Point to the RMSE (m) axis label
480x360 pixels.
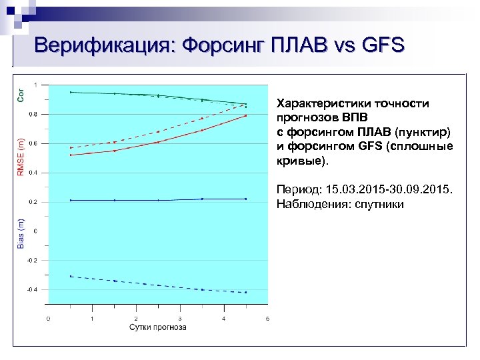tap(21, 157)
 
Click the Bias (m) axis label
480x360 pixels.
tap(21, 233)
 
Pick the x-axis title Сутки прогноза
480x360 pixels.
tap(157, 327)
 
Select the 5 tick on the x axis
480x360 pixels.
tap(267, 319)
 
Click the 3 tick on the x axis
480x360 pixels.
tap(179, 319)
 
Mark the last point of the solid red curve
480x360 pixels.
tap(245, 115)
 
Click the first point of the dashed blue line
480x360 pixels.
tap(71, 276)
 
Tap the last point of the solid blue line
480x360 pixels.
tap(245, 199)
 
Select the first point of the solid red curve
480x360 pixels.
tap(71, 155)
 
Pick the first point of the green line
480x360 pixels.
tap(71, 92)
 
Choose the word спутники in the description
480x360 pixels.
tap(379, 204)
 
